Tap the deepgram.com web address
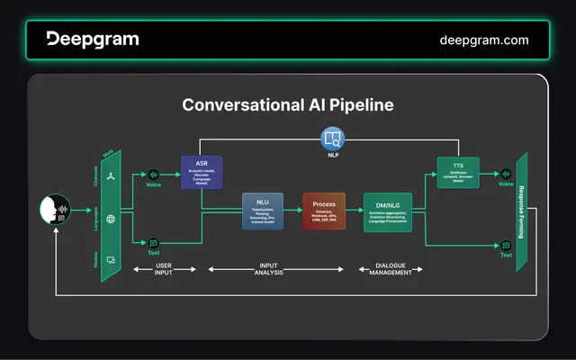(x=483, y=40)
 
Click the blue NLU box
(x=262, y=211)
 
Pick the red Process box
(x=324, y=211)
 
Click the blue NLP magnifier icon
(x=332, y=139)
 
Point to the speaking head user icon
(x=54, y=211)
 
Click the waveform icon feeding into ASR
(x=153, y=174)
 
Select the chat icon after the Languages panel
(x=153, y=243)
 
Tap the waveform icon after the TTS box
(x=506, y=174)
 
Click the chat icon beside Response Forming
(x=506, y=245)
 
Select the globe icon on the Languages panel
(x=110, y=219)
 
